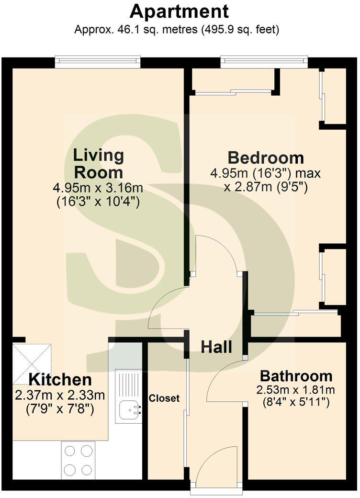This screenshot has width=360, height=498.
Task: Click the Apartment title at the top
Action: [x=179, y=12]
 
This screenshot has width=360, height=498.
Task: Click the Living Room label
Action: [x=99, y=164]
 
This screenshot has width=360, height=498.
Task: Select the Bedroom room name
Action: [x=266, y=158]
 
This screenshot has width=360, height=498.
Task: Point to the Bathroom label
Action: [x=296, y=376]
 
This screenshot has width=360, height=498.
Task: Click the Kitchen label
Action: [x=60, y=380]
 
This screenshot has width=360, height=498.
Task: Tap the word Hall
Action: [x=216, y=347]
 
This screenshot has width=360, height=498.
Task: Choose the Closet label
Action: [x=165, y=398]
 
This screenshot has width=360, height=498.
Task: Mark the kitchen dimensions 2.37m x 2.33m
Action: [x=60, y=396]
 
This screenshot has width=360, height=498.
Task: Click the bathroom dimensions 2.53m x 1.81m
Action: [x=295, y=389]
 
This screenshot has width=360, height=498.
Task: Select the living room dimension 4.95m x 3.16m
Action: [x=98, y=188]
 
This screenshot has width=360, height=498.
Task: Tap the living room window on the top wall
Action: [x=98, y=62]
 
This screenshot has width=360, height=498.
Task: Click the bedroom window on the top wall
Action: [x=264, y=62]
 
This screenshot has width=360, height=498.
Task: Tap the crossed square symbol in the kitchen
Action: [x=32, y=363]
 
